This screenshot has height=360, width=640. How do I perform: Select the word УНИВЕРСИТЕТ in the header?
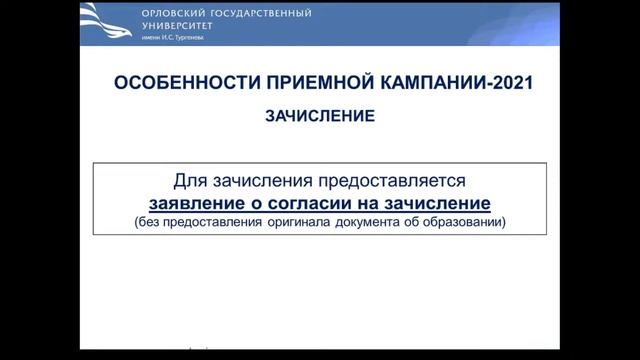[x=173, y=27]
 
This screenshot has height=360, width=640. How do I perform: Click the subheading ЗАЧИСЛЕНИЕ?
[x=320, y=116]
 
